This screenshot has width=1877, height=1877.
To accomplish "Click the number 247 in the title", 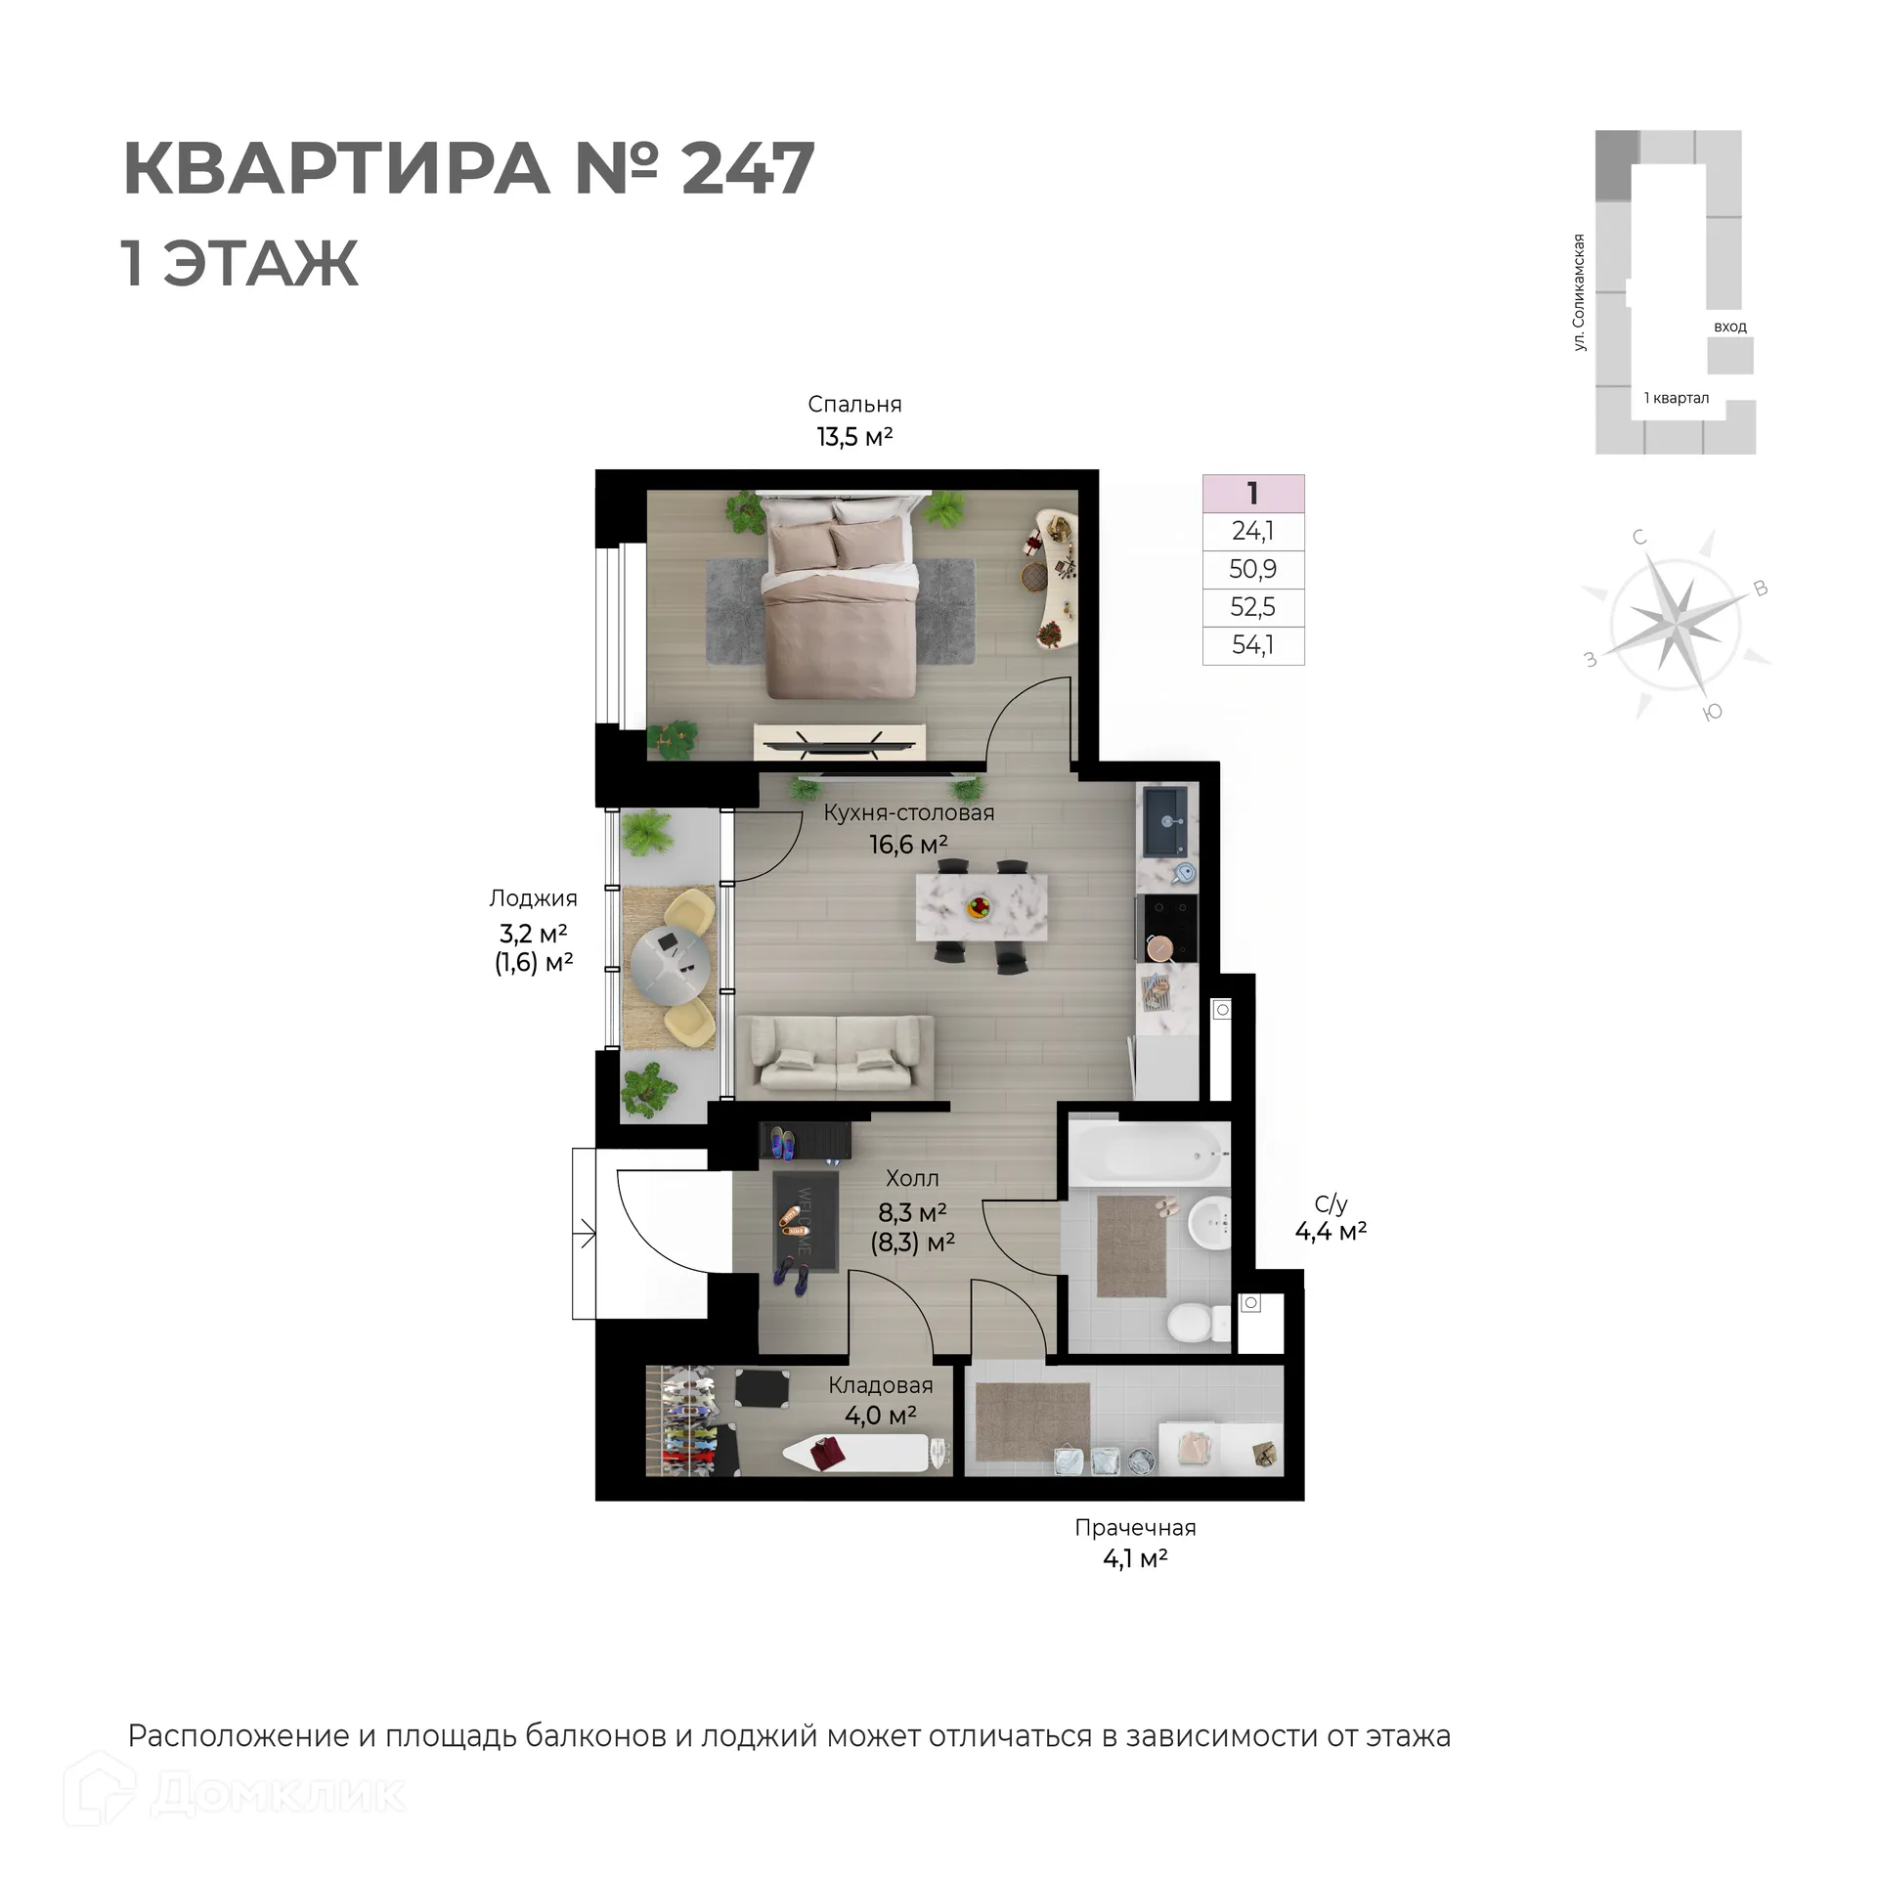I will click(x=747, y=169).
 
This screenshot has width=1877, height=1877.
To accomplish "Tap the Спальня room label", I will click(x=854, y=405).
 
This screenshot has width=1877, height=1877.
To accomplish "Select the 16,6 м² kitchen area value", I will click(x=908, y=844).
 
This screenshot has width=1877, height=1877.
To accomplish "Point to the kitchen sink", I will click(x=1165, y=821).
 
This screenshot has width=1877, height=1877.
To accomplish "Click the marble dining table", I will click(x=981, y=907).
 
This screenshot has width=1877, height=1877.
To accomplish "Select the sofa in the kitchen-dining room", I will click(x=836, y=1056).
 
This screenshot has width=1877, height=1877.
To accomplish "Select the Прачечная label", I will click(x=1135, y=1528).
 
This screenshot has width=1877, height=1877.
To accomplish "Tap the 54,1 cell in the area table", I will click(x=1252, y=645).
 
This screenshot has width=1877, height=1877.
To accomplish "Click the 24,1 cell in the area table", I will click(x=1252, y=531).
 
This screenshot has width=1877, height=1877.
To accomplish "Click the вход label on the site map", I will click(x=1729, y=327).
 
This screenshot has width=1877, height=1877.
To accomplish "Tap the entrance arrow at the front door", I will click(x=586, y=1234).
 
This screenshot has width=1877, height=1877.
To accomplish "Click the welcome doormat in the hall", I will click(x=805, y=1221).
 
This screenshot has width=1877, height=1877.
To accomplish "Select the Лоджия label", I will click(x=533, y=898).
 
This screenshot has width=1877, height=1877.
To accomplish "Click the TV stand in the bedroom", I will click(x=839, y=741).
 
